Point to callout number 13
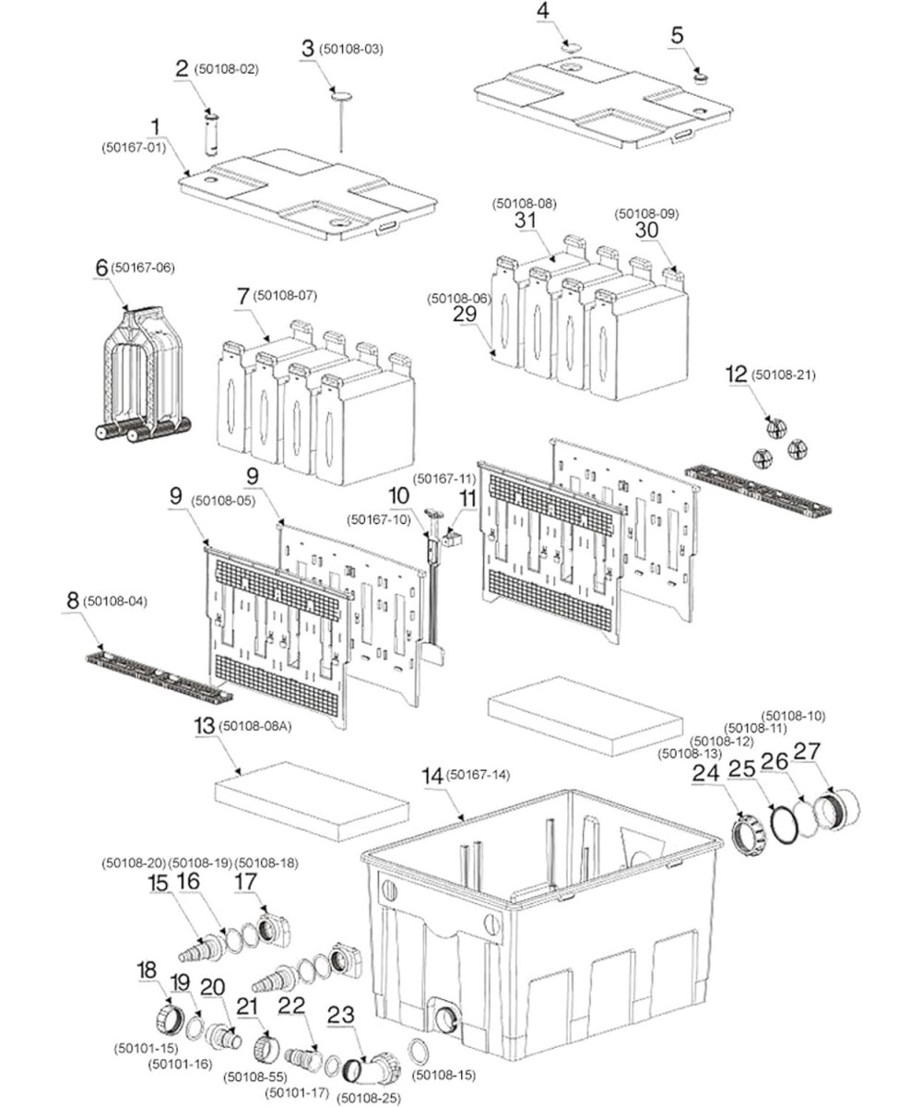pyautogui.click(x=202, y=727)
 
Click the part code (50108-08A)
pyautogui.click(x=254, y=727)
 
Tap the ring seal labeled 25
pyautogui.click(x=785, y=823)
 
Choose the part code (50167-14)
pyautogui.click(x=478, y=775)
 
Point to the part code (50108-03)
pyautogui.click(x=351, y=49)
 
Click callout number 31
pyautogui.click(x=526, y=221)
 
